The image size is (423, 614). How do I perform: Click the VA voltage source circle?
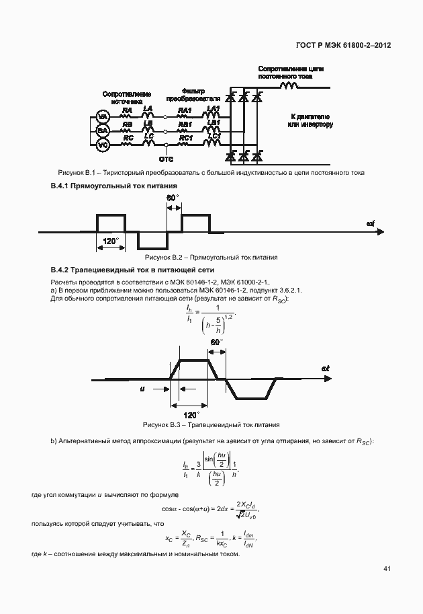[103, 117]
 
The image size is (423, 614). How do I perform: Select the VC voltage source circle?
[103, 145]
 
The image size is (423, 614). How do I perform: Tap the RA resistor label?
[126, 110]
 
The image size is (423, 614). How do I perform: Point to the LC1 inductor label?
[214, 135]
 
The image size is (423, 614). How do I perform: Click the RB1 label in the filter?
[185, 124]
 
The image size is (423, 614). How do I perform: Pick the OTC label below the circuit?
[165, 160]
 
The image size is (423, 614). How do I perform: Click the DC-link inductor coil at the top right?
[289, 85]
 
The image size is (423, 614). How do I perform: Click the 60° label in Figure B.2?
[173, 198]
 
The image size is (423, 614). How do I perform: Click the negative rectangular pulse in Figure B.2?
[152, 240]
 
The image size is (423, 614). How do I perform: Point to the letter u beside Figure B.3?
[142, 388]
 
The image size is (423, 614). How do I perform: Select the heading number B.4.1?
[61, 185]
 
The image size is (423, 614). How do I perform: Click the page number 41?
[387, 569]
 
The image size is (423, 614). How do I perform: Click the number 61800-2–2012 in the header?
[363, 46]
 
